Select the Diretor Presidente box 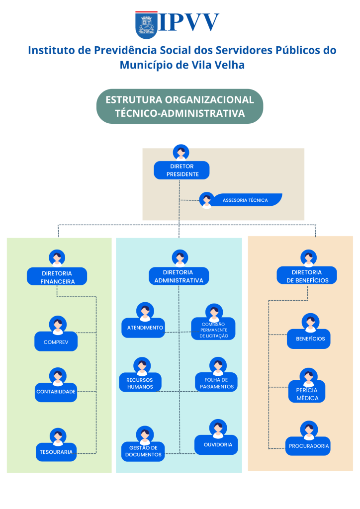181,170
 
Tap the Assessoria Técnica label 246,200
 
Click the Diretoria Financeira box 57,277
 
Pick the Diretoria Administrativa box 179,276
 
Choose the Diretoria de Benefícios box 307,276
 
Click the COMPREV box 56,342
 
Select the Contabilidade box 56,392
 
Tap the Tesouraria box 56,452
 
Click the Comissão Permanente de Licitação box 214,330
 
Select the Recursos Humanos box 140,383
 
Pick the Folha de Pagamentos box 216,383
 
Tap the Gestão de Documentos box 143,451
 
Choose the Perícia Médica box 307,394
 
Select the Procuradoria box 309,446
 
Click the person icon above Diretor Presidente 181,152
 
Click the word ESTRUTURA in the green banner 133,99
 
